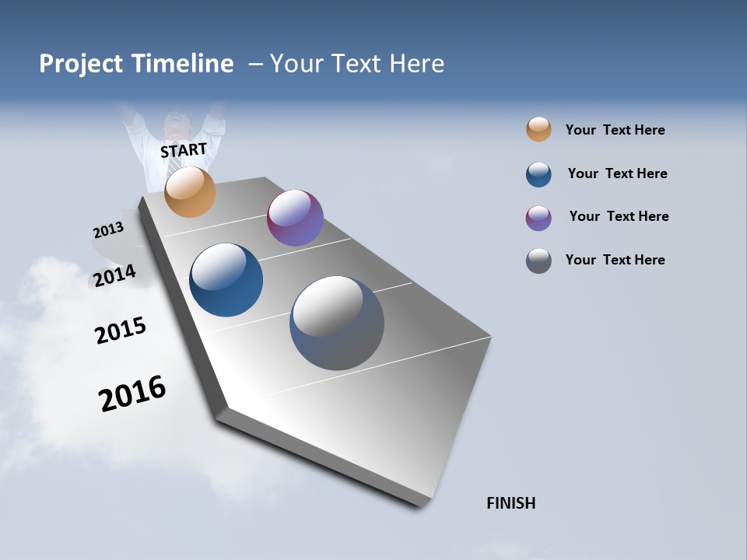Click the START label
point(184,149)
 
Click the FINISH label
point(511,503)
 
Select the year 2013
point(108,230)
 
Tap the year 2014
point(115,275)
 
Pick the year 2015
point(121,331)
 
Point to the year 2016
point(132,394)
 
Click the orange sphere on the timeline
point(190,191)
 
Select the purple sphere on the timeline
point(295,218)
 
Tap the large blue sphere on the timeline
point(226,280)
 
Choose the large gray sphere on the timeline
point(337,323)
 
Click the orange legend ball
point(538,129)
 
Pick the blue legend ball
point(538,174)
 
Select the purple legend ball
point(538,218)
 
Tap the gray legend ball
point(538,261)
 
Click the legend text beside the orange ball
point(615,130)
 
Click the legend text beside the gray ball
point(615,260)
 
